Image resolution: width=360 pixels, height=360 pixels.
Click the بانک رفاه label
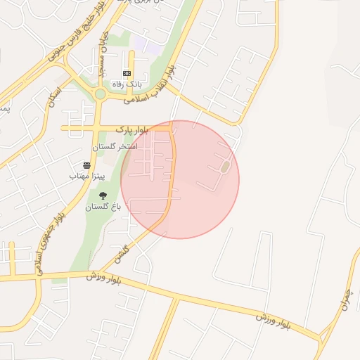(x=129, y=84)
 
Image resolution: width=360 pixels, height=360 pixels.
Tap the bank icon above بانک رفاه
(x=127, y=73)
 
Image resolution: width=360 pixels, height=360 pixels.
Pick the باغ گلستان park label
(x=103, y=207)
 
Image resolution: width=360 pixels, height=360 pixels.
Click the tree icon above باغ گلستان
(x=103, y=195)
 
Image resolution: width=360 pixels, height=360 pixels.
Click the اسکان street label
(x=54, y=98)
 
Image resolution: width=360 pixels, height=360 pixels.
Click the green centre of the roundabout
(x=100, y=94)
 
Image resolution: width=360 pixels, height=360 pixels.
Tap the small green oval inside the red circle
(x=225, y=167)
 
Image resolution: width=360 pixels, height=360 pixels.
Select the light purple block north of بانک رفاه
(x=143, y=45)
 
